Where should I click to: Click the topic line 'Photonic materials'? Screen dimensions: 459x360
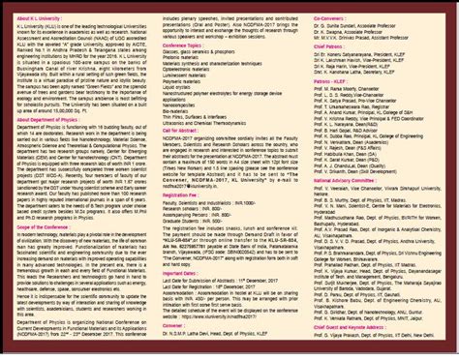tap(195, 60)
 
